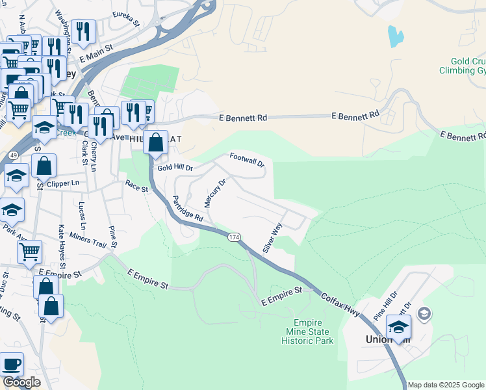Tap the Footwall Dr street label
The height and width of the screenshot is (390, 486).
tap(248, 160)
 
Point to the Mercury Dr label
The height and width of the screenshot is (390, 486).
tap(215, 192)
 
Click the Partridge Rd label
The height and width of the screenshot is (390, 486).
tap(188, 209)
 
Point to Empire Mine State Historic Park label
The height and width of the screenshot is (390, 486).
tap(313, 331)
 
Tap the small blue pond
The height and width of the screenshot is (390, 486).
tap(394, 36)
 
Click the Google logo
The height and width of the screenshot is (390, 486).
tap(21, 382)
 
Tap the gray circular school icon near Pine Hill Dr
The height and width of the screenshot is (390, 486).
tap(424, 315)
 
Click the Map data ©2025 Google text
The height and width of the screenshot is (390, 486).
tap(446, 385)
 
